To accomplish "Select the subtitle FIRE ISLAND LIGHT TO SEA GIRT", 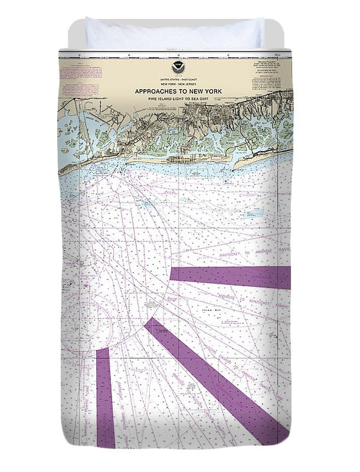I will [x=176, y=99].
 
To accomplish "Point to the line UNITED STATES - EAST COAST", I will [x=176, y=79].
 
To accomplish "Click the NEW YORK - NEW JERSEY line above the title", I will [x=176, y=84].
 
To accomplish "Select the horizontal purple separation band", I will [x=230, y=277].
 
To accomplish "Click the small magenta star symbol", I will [x=87, y=287].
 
